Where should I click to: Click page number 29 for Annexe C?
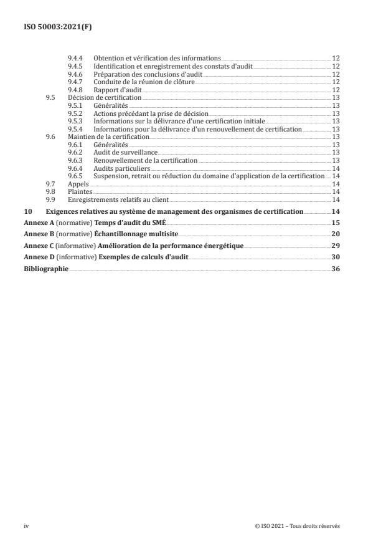[x=336, y=247]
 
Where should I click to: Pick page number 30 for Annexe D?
[x=336, y=257]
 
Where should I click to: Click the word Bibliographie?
[x=46, y=269]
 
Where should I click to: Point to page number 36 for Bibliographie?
[x=336, y=269]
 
